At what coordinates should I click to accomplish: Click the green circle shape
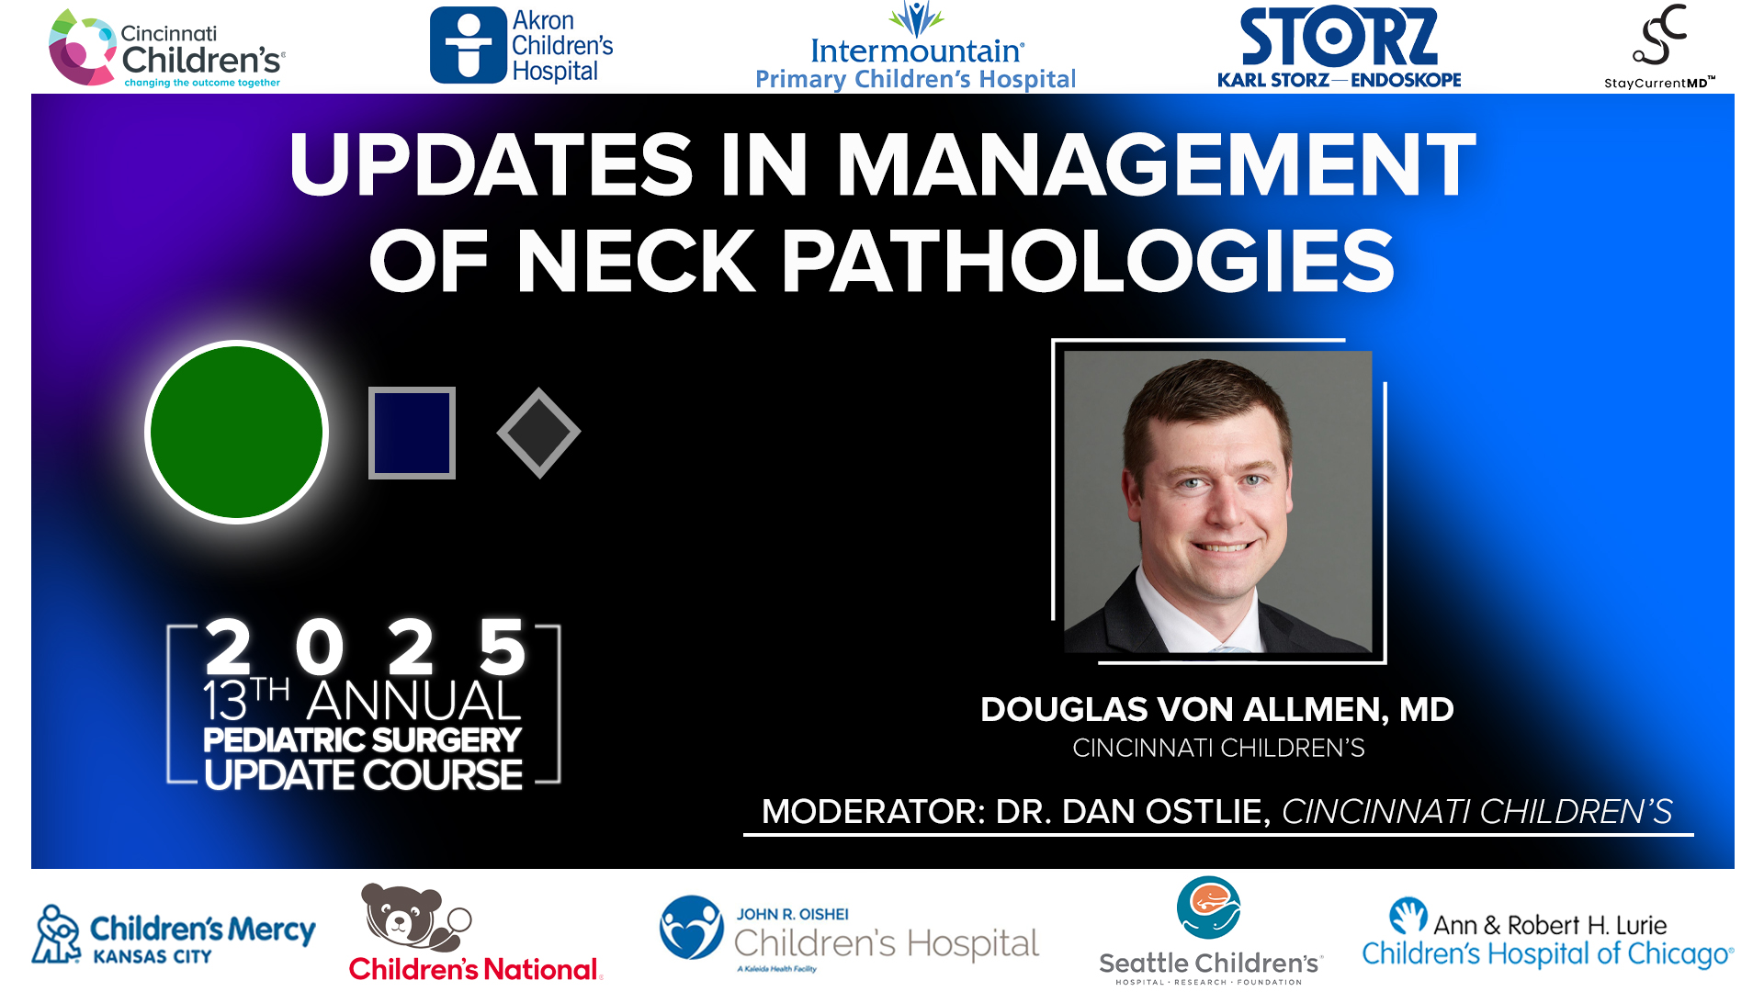(x=237, y=432)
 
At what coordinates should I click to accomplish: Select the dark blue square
(x=412, y=433)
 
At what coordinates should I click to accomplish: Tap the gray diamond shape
(x=538, y=433)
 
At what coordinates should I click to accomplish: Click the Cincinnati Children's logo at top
(x=166, y=50)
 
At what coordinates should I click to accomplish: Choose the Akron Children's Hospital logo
(x=521, y=46)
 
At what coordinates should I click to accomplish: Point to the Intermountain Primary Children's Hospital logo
(x=915, y=50)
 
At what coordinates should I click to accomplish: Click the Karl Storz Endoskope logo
(x=1339, y=48)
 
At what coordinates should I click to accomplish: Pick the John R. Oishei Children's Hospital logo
(x=849, y=935)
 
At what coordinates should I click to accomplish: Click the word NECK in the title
(x=635, y=262)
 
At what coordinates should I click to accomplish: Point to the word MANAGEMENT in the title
(x=1155, y=165)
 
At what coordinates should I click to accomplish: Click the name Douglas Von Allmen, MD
(x=1216, y=709)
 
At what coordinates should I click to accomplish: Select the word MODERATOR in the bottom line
(x=872, y=812)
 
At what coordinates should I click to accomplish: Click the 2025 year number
(x=365, y=647)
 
